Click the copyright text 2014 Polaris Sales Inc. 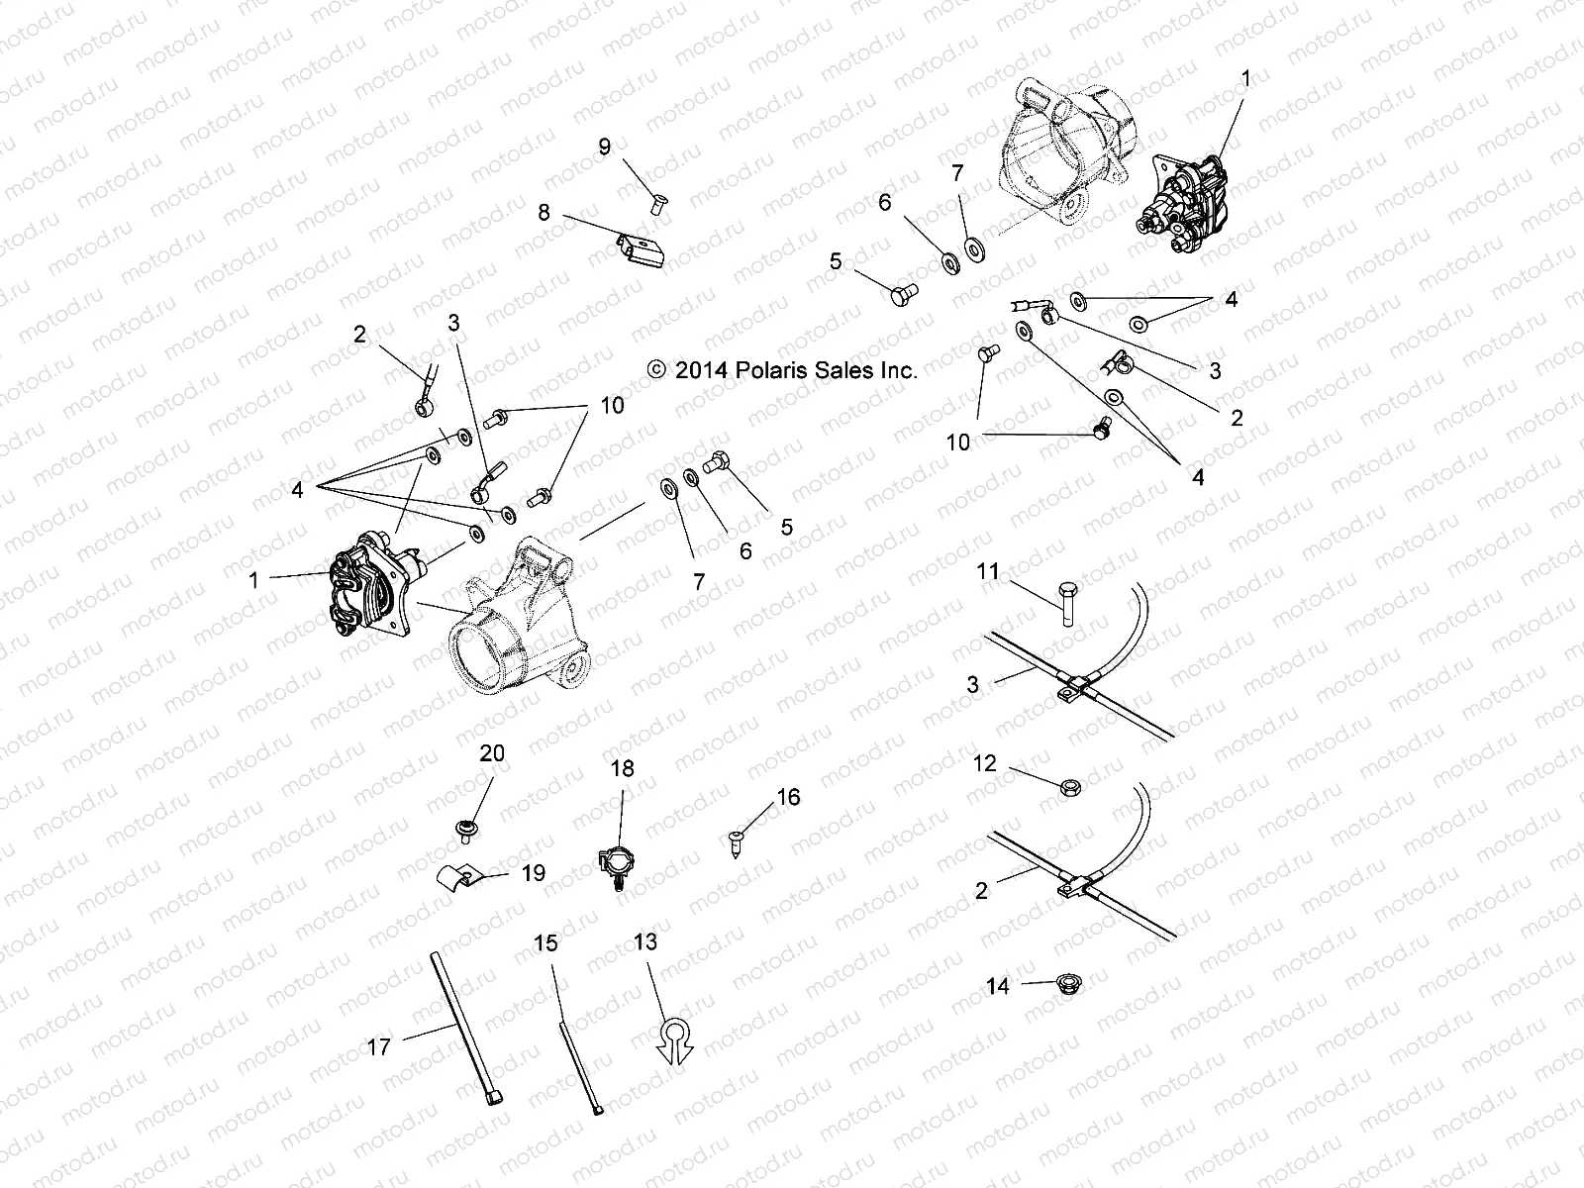tap(782, 370)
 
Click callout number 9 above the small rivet tap(605, 148)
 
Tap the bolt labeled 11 tap(1067, 603)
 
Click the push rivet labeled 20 tap(463, 830)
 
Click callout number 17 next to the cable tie tap(379, 1046)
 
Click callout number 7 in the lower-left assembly tap(699, 582)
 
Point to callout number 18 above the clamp tap(622, 768)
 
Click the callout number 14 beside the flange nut tap(998, 986)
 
